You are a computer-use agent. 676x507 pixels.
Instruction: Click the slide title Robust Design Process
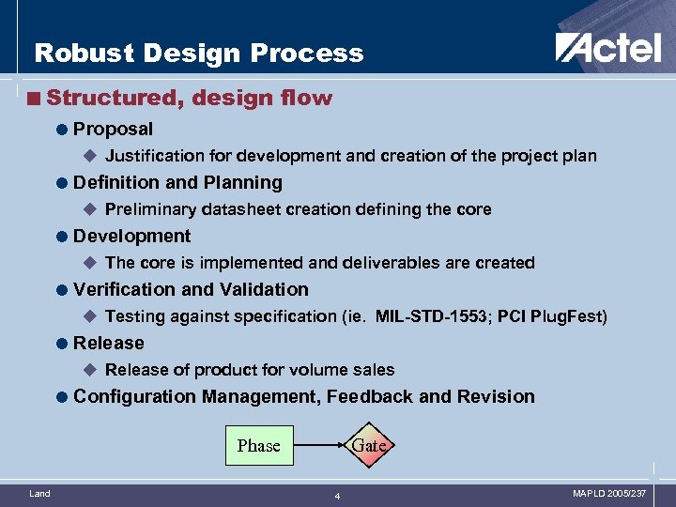point(198,53)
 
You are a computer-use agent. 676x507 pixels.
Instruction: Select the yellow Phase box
point(258,445)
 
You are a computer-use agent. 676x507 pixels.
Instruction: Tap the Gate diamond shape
point(368,445)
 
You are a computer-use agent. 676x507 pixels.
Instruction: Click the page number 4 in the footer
point(338,496)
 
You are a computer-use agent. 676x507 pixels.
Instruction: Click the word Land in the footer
point(39,493)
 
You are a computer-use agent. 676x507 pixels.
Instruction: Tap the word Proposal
point(113,129)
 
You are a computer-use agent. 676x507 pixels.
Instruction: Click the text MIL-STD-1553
point(431,316)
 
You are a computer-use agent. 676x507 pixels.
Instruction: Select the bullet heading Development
point(131,236)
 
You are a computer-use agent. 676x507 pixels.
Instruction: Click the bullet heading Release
point(109,343)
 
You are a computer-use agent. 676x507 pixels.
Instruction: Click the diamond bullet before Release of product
point(90,370)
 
